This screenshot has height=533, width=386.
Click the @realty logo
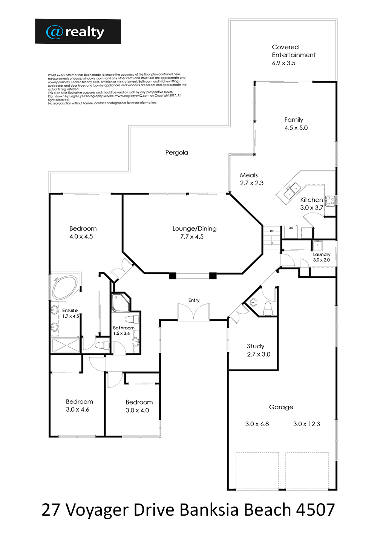point(78,32)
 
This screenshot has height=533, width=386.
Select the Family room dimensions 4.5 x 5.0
point(296,128)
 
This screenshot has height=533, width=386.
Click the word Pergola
point(176,153)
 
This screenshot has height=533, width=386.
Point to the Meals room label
point(249,175)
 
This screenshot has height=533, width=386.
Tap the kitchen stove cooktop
point(330,201)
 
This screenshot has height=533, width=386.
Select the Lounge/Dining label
point(194,228)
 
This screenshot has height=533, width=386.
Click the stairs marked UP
point(271,237)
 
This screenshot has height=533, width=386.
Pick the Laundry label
point(322,254)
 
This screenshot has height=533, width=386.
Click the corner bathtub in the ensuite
point(64,287)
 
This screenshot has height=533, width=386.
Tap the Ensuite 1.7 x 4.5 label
point(70,313)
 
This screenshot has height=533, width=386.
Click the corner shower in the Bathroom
point(121,303)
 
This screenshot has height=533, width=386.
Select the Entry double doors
point(194,312)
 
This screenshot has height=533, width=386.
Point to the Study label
point(256,346)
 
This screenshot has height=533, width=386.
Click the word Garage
point(281,407)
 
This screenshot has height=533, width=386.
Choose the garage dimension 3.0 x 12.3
point(306,424)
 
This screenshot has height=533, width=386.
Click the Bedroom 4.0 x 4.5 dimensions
point(81,237)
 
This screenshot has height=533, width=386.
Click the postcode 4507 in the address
point(315,510)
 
